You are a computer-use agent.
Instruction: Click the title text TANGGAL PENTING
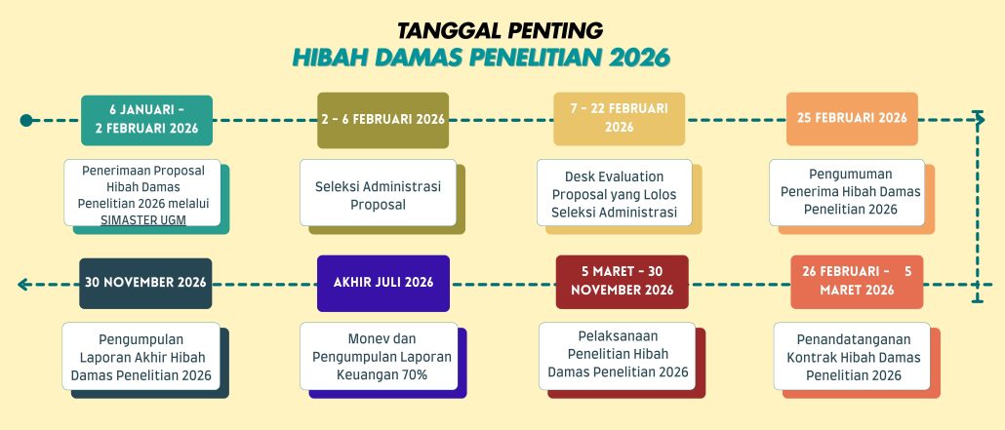[500, 31]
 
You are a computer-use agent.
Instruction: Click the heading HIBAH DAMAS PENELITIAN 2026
[481, 58]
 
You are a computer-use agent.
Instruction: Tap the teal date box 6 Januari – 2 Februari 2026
[146, 120]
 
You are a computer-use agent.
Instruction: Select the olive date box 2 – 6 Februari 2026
[383, 120]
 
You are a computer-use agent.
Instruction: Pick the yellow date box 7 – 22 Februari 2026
[620, 119]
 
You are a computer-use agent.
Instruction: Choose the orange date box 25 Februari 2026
[852, 119]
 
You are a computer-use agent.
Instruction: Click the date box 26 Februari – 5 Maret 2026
[857, 282]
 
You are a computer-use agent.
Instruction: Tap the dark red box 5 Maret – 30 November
[622, 282]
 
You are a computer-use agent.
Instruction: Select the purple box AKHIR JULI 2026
[383, 283]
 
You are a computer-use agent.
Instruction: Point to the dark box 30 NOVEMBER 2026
[145, 283]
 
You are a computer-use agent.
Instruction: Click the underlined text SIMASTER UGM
[142, 219]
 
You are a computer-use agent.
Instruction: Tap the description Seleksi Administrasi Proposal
[379, 195]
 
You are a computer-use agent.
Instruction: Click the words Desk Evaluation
[614, 176]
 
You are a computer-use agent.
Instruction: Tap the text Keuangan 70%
[382, 374]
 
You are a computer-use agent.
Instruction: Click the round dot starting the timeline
[26, 121]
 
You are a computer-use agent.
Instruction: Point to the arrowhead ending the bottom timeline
[23, 285]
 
